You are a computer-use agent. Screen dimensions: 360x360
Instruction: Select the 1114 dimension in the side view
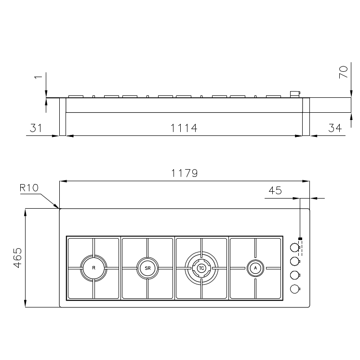click(x=185, y=128)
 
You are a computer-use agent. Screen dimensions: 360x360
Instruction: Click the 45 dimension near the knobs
click(x=275, y=190)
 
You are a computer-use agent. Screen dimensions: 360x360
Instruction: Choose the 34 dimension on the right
click(x=334, y=128)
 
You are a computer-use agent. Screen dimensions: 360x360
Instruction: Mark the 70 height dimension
click(x=343, y=72)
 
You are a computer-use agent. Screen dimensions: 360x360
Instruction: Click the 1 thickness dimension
click(x=39, y=77)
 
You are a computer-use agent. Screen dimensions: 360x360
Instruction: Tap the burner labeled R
click(x=93, y=267)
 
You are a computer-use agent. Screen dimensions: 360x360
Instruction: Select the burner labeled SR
click(x=147, y=267)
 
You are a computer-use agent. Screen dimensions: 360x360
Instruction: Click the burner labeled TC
click(x=201, y=267)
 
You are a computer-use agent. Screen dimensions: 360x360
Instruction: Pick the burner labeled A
click(x=255, y=267)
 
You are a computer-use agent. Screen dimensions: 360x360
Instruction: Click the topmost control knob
click(x=293, y=248)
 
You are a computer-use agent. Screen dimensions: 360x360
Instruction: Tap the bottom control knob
click(x=293, y=289)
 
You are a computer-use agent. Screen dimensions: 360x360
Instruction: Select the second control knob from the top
click(x=293, y=261)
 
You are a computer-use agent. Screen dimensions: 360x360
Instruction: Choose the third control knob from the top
click(x=293, y=275)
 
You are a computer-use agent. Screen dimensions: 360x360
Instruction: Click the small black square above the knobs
click(x=300, y=239)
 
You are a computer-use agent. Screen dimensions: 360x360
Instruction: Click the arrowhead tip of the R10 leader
click(x=59, y=208)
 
